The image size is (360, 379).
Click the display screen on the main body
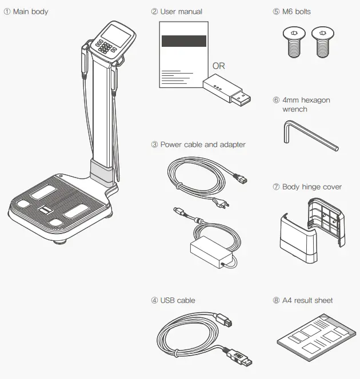116,35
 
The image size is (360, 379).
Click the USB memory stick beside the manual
227,90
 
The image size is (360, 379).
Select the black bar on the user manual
184,41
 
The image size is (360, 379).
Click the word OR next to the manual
219,66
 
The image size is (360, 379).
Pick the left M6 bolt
294,42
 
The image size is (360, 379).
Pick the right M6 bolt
323,42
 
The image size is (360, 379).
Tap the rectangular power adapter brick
211,251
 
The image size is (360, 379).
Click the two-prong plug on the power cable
221,203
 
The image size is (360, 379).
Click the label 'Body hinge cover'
312,187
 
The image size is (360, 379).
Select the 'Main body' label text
30,11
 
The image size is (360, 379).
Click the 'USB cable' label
178,300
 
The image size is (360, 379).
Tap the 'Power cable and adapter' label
203,144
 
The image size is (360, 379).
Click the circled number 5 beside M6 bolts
276,11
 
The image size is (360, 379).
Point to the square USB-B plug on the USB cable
224,320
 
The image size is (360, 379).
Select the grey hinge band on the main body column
102,171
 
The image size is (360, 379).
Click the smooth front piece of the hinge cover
298,239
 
